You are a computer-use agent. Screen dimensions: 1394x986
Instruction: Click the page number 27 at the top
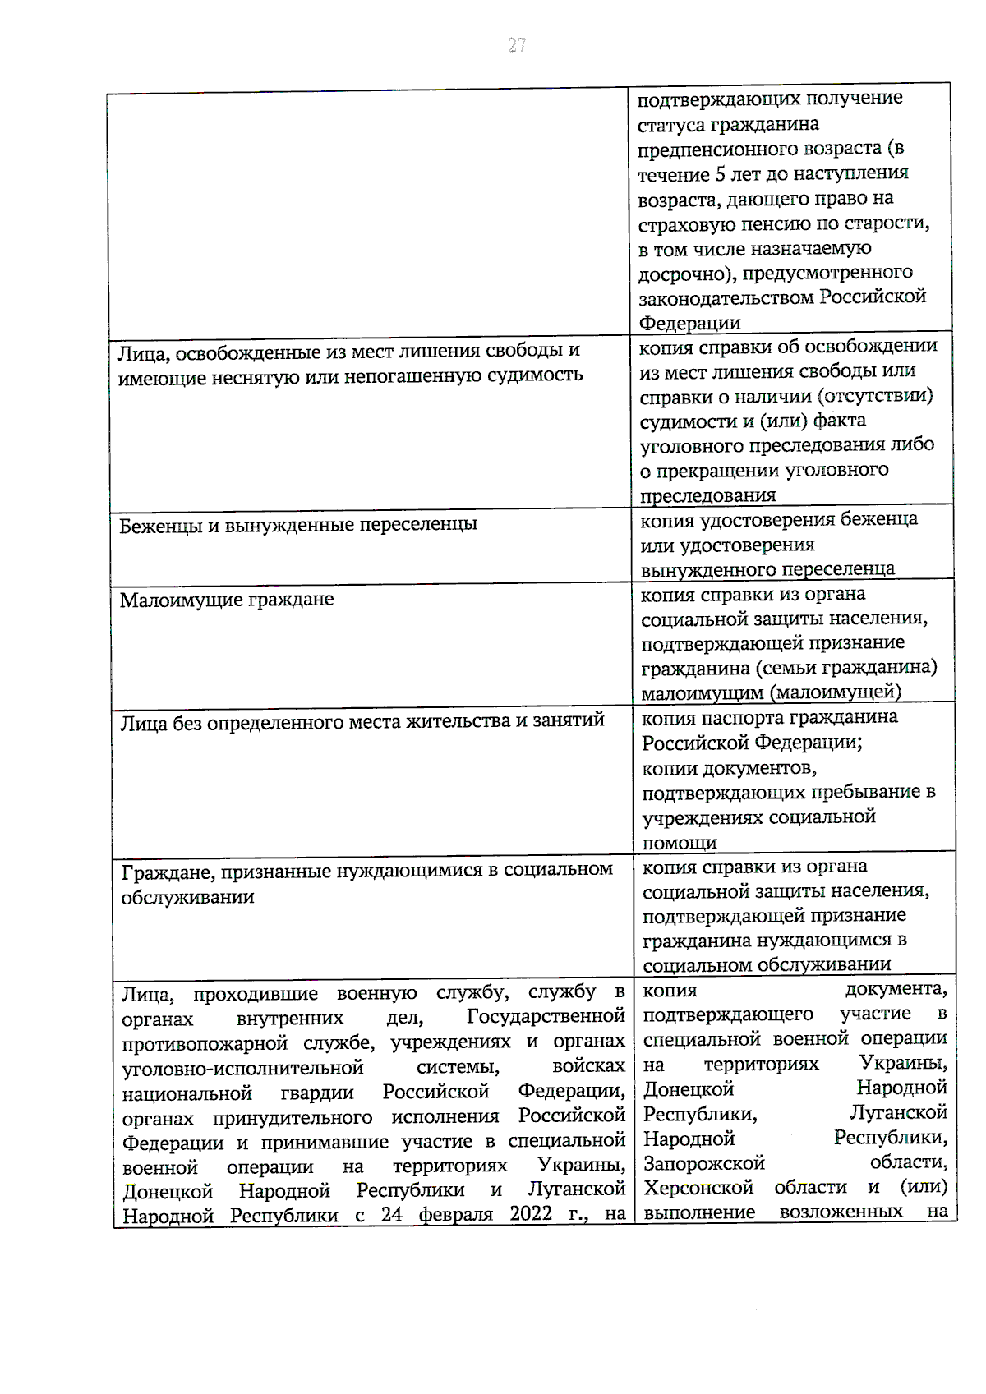point(516,45)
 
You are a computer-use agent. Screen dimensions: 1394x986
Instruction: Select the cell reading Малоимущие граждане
point(227,600)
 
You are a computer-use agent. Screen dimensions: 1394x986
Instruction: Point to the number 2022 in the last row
point(531,1213)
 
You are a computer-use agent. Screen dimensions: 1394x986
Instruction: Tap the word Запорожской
point(703,1163)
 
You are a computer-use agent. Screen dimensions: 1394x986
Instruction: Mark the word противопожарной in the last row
point(205,1044)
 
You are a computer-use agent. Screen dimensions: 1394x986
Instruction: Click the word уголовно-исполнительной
point(242,1068)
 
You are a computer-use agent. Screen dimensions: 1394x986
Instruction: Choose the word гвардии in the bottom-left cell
point(316,1093)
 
